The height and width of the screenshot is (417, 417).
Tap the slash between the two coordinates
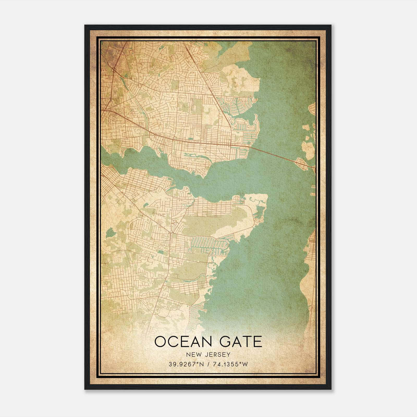point(208,364)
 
